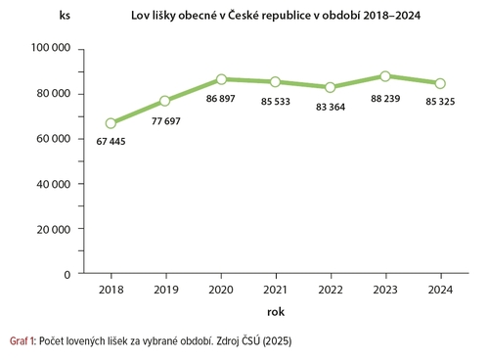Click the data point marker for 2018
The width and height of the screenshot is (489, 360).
click(x=111, y=123)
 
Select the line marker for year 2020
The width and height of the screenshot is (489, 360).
click(x=221, y=79)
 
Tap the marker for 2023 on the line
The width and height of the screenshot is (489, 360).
click(x=385, y=76)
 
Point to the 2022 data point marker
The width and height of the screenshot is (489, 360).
click(x=331, y=87)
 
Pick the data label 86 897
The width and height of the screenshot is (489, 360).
click(x=223, y=99)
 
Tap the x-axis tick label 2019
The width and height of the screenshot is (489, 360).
click(x=165, y=291)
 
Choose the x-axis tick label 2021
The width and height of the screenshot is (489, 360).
click(x=276, y=291)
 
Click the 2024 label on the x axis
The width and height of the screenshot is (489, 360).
click(x=440, y=291)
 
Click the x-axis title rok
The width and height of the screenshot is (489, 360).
click(x=275, y=310)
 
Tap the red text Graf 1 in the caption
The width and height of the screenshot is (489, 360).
click(x=22, y=341)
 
